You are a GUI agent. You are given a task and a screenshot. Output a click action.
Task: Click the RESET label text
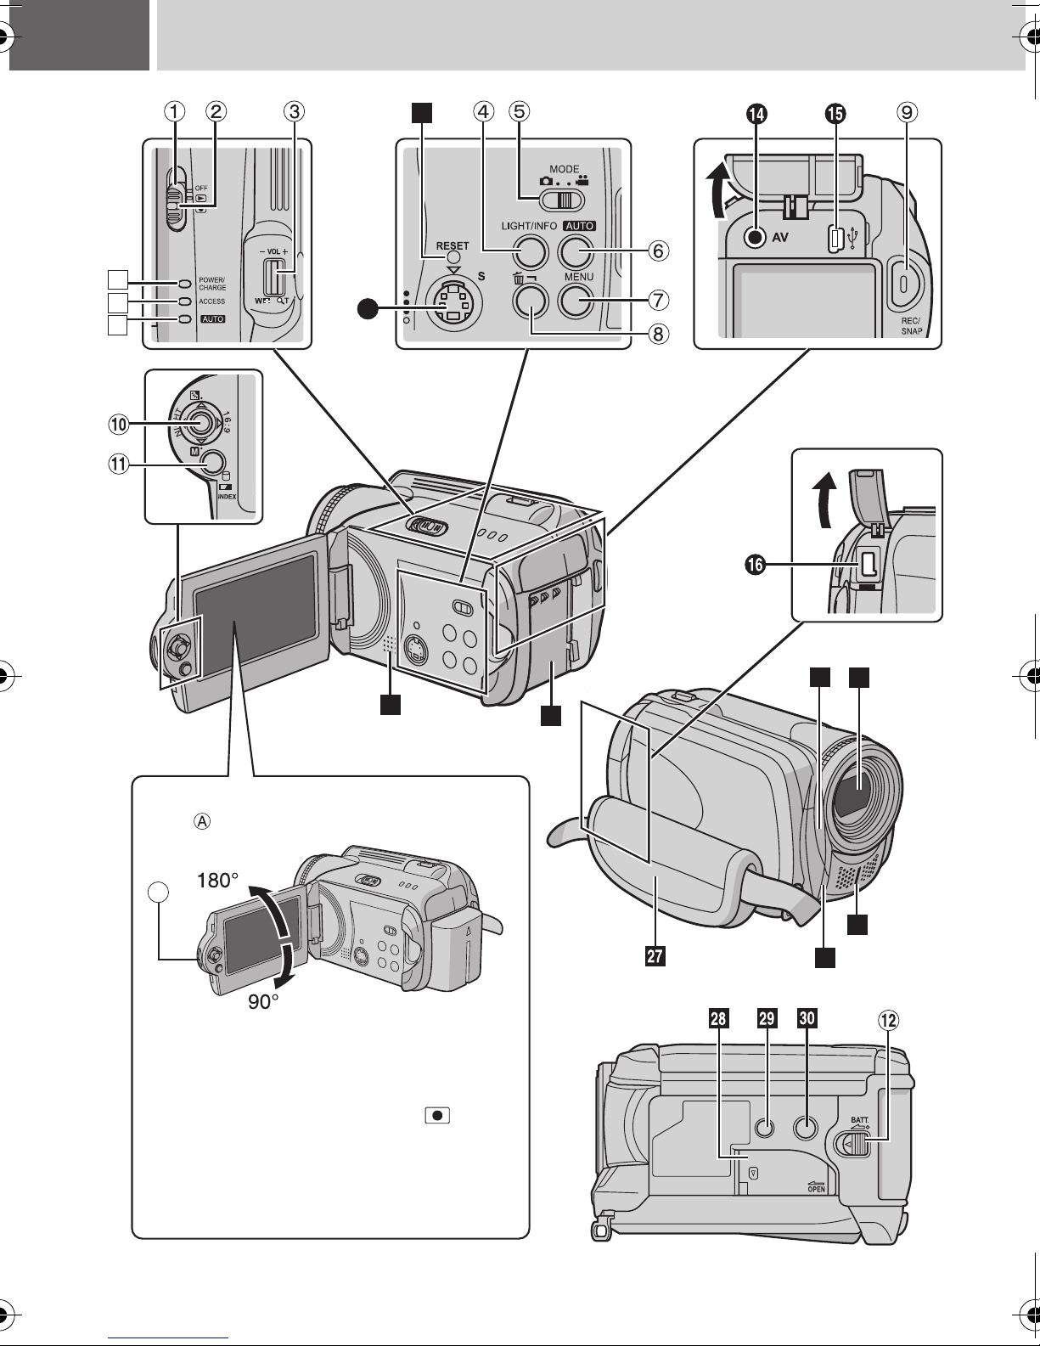(x=453, y=245)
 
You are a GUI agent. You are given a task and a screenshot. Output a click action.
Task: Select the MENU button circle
(x=575, y=300)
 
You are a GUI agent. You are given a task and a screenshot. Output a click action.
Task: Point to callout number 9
(x=908, y=111)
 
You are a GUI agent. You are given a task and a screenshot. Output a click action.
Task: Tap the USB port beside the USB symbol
(x=835, y=240)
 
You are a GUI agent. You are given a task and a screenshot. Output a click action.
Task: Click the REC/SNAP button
(x=904, y=280)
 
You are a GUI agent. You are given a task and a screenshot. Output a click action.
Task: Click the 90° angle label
(x=265, y=1003)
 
